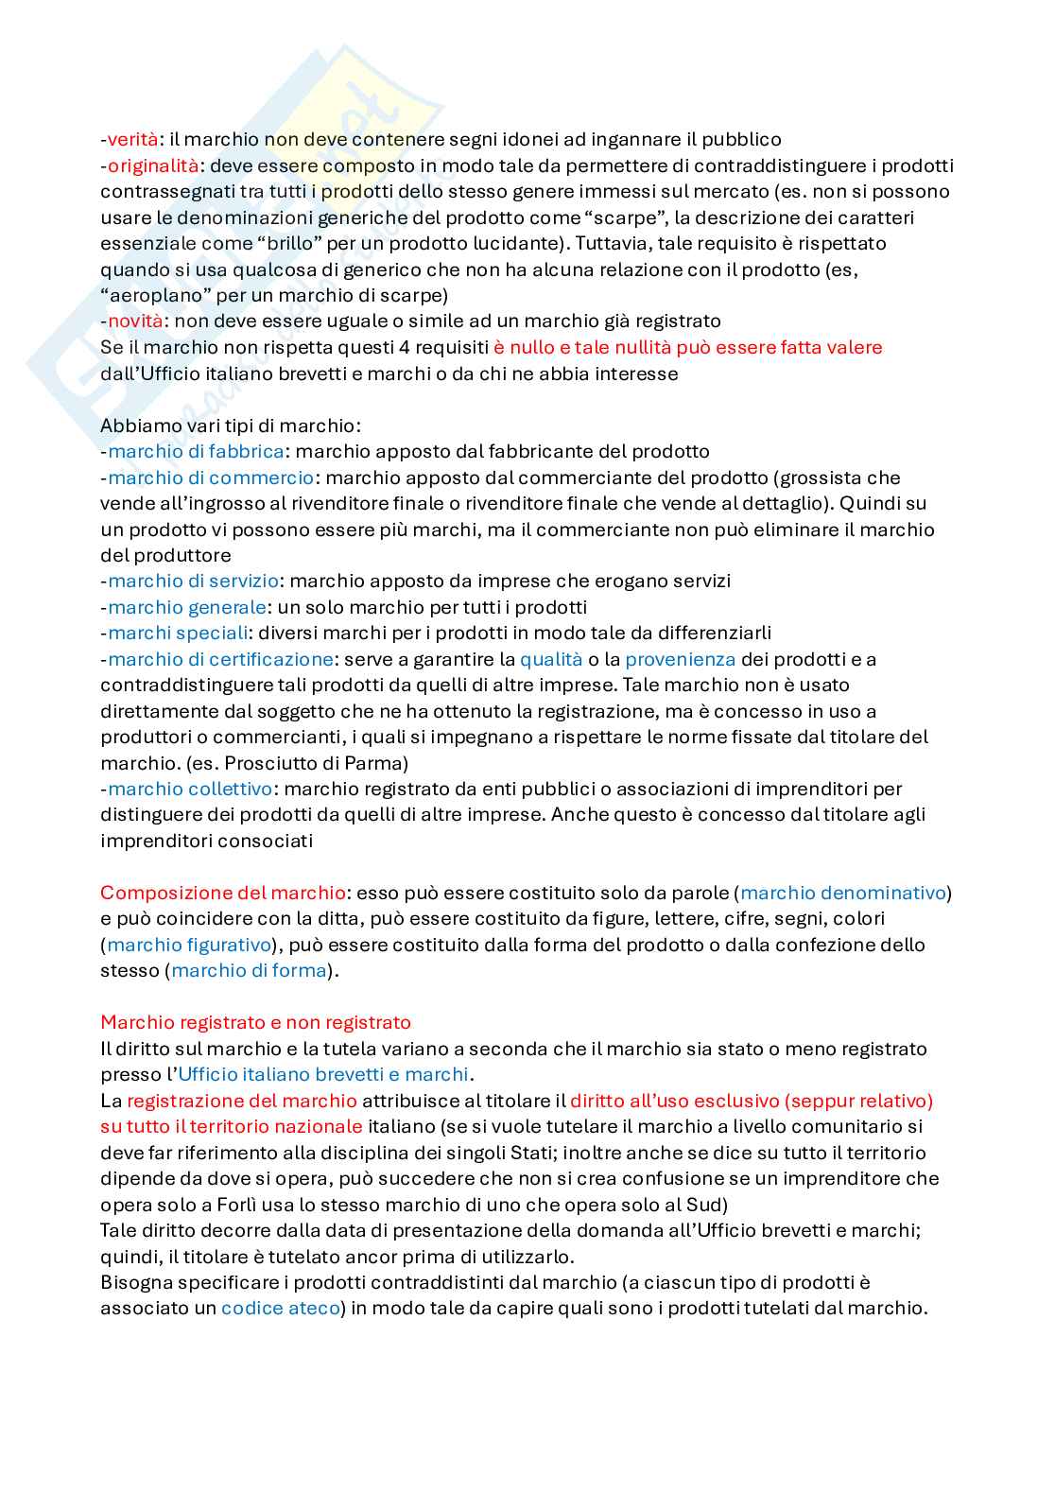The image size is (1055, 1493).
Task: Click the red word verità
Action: coord(132,140)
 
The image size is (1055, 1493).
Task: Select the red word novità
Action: coord(135,321)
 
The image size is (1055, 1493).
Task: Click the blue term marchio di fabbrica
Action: coord(196,452)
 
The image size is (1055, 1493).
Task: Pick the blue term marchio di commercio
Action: coord(211,478)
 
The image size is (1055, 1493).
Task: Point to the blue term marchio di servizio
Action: coord(193,582)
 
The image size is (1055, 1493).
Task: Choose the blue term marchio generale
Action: coord(187,607)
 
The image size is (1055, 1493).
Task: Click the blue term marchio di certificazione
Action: coord(220,659)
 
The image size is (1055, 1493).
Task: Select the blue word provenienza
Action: coord(680,659)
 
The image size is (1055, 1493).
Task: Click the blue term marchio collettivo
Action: coord(190,789)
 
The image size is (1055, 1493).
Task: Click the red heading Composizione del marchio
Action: coord(223,893)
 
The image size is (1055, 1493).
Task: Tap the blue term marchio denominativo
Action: coord(843,893)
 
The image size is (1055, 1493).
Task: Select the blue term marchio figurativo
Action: coord(189,945)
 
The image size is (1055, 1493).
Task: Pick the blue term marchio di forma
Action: coord(249,970)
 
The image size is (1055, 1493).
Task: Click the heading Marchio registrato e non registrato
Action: coord(255,1022)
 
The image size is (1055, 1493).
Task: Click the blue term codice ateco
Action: coord(280,1309)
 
